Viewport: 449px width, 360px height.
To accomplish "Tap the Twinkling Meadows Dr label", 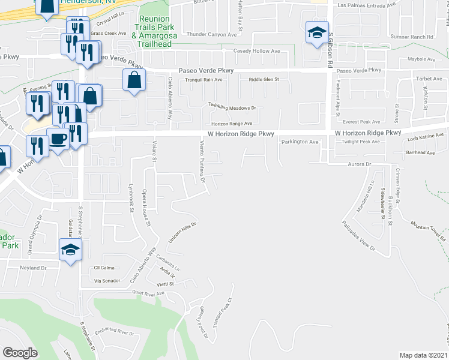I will [232, 107].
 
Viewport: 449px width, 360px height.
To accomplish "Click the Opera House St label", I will [146, 208].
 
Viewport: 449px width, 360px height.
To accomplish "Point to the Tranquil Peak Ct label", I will [226, 310].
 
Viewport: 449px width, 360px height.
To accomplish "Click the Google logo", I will [20, 353].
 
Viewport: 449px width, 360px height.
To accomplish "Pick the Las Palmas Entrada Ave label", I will [367, 5].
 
